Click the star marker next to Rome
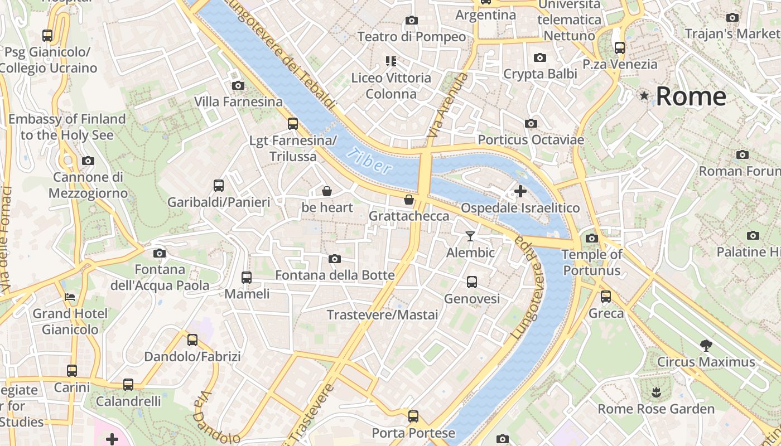click(x=644, y=96)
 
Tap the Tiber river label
click(x=369, y=161)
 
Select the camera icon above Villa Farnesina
click(x=238, y=85)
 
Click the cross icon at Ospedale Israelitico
click(x=520, y=191)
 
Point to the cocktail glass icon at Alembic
click(x=470, y=236)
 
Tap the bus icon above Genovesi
click(x=472, y=282)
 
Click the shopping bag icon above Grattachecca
click(x=409, y=200)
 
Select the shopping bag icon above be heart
click(x=327, y=191)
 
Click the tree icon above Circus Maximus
click(x=706, y=346)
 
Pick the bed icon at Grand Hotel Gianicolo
click(x=70, y=297)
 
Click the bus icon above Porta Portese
click(x=413, y=416)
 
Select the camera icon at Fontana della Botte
click(x=335, y=259)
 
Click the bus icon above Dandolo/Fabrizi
click(x=192, y=340)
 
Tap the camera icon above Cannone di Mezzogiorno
click(x=88, y=161)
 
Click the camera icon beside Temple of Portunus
click(x=592, y=239)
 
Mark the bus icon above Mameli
click(x=246, y=277)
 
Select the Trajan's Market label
click(x=732, y=33)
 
